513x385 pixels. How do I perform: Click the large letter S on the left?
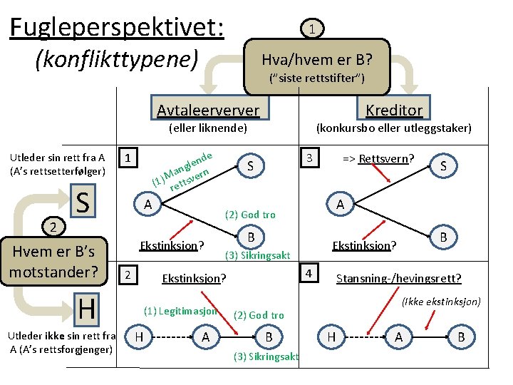pos(83,202)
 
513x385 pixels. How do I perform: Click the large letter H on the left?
pos(86,309)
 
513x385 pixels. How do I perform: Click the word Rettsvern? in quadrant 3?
pos(388,158)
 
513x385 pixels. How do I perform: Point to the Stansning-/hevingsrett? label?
pos(398,278)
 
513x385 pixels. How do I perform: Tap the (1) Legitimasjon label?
pos(180,311)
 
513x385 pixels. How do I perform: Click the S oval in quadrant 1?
pos(251,165)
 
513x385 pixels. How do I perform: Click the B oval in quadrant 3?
pos(442,236)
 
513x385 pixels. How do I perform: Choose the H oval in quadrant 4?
pos(331,337)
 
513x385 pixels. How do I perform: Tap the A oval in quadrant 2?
pos(205,337)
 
